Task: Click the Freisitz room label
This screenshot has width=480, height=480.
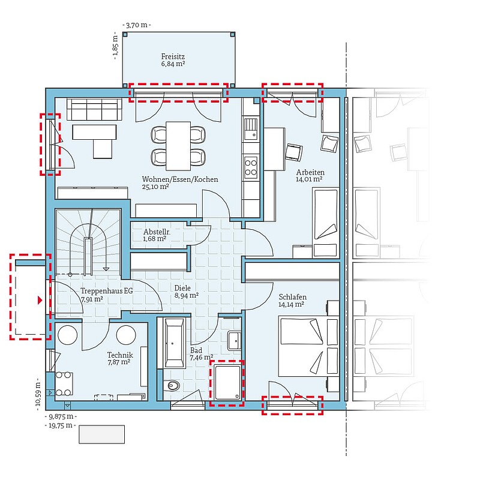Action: (173, 56)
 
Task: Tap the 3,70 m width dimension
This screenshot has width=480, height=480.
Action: (137, 25)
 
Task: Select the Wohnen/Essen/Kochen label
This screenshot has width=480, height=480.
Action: (180, 179)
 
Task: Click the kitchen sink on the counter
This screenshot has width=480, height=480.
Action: (251, 128)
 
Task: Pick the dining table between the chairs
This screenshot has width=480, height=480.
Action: (178, 146)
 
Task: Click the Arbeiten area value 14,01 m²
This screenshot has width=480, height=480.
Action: (309, 179)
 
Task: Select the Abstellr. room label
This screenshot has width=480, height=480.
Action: (157, 232)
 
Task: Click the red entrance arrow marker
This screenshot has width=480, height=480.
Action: (40, 301)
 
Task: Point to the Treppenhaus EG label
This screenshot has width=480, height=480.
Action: (107, 290)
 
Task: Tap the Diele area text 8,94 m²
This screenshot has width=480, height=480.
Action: (187, 295)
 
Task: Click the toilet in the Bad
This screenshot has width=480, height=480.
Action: (172, 386)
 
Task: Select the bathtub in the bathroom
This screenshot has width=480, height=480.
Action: (175, 342)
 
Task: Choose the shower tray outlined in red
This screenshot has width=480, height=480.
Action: (227, 383)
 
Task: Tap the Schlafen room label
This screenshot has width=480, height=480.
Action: (292, 297)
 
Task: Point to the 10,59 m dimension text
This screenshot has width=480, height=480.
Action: (38, 394)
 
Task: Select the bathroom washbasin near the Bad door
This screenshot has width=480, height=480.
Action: (235, 340)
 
